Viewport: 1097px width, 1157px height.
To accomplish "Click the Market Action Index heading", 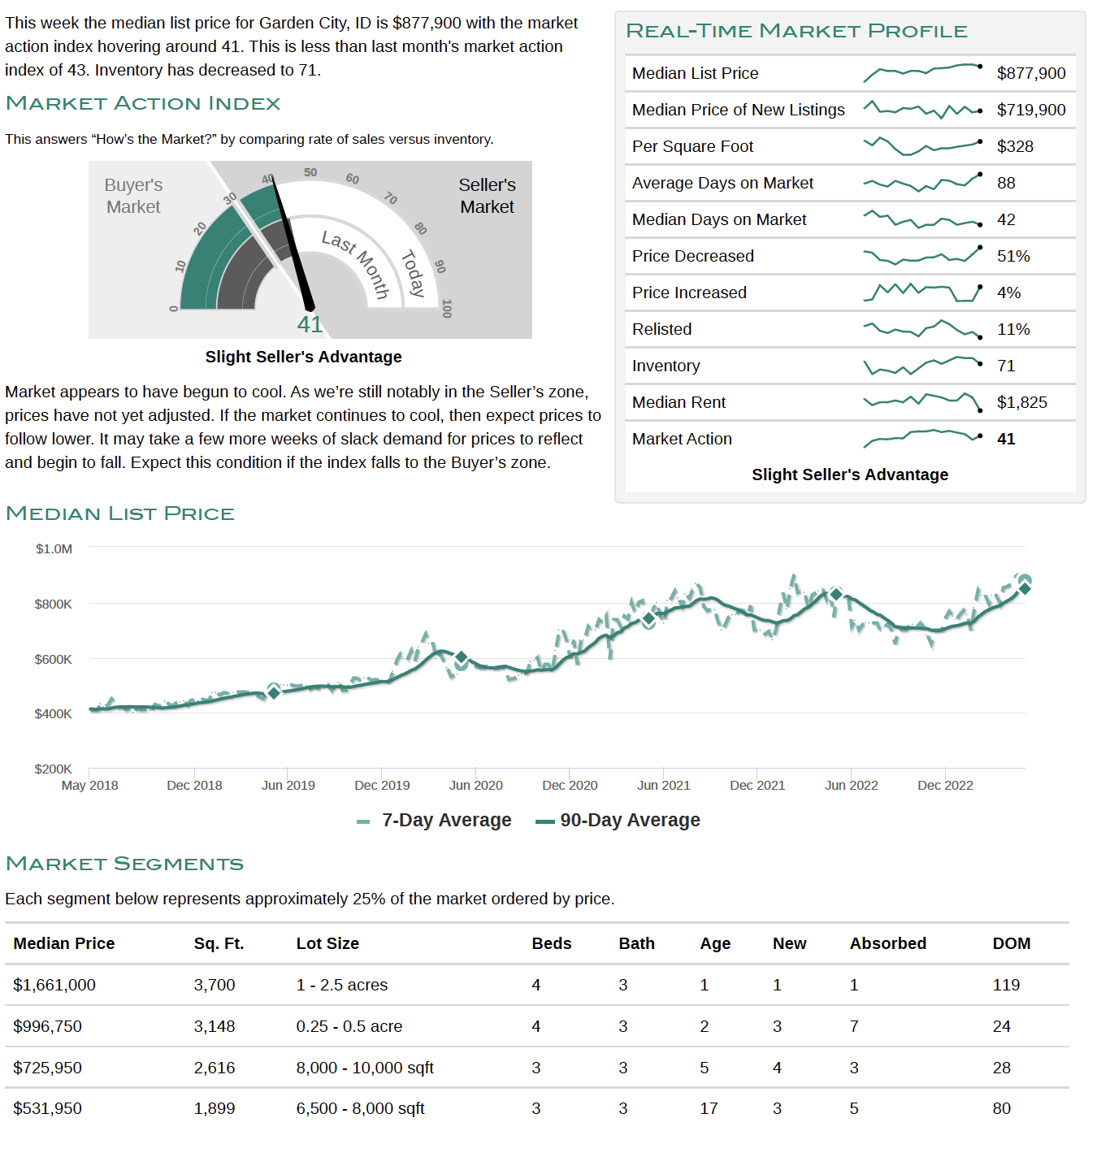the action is point(142,103).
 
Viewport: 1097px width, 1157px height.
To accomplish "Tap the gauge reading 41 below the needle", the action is point(310,324).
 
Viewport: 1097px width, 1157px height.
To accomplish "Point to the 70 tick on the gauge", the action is point(390,198).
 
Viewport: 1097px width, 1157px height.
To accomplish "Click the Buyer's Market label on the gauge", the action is point(133,196).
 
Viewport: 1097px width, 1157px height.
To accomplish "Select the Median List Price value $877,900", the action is point(1031,74).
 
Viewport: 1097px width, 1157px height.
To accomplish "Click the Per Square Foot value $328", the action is point(1015,146).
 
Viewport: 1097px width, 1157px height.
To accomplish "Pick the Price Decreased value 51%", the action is point(1013,256).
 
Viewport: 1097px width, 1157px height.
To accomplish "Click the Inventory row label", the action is point(666,366).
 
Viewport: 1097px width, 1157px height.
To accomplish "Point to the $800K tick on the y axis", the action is point(53,604).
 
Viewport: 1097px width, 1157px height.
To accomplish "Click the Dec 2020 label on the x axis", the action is point(570,785).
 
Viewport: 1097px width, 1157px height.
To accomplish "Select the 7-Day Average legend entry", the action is point(434,820).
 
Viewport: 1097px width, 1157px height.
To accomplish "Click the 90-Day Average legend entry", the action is point(618,820).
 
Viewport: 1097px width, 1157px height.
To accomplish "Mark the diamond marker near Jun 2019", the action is point(274,693).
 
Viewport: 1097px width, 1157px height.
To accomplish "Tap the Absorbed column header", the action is point(887,943).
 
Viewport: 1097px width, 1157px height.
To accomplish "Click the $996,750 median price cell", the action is point(48,1026).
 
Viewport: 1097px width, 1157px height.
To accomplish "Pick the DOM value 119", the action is point(1006,986).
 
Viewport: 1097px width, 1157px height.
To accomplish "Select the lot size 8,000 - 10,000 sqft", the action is point(365,1068).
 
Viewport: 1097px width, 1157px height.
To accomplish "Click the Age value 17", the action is point(709,1109).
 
